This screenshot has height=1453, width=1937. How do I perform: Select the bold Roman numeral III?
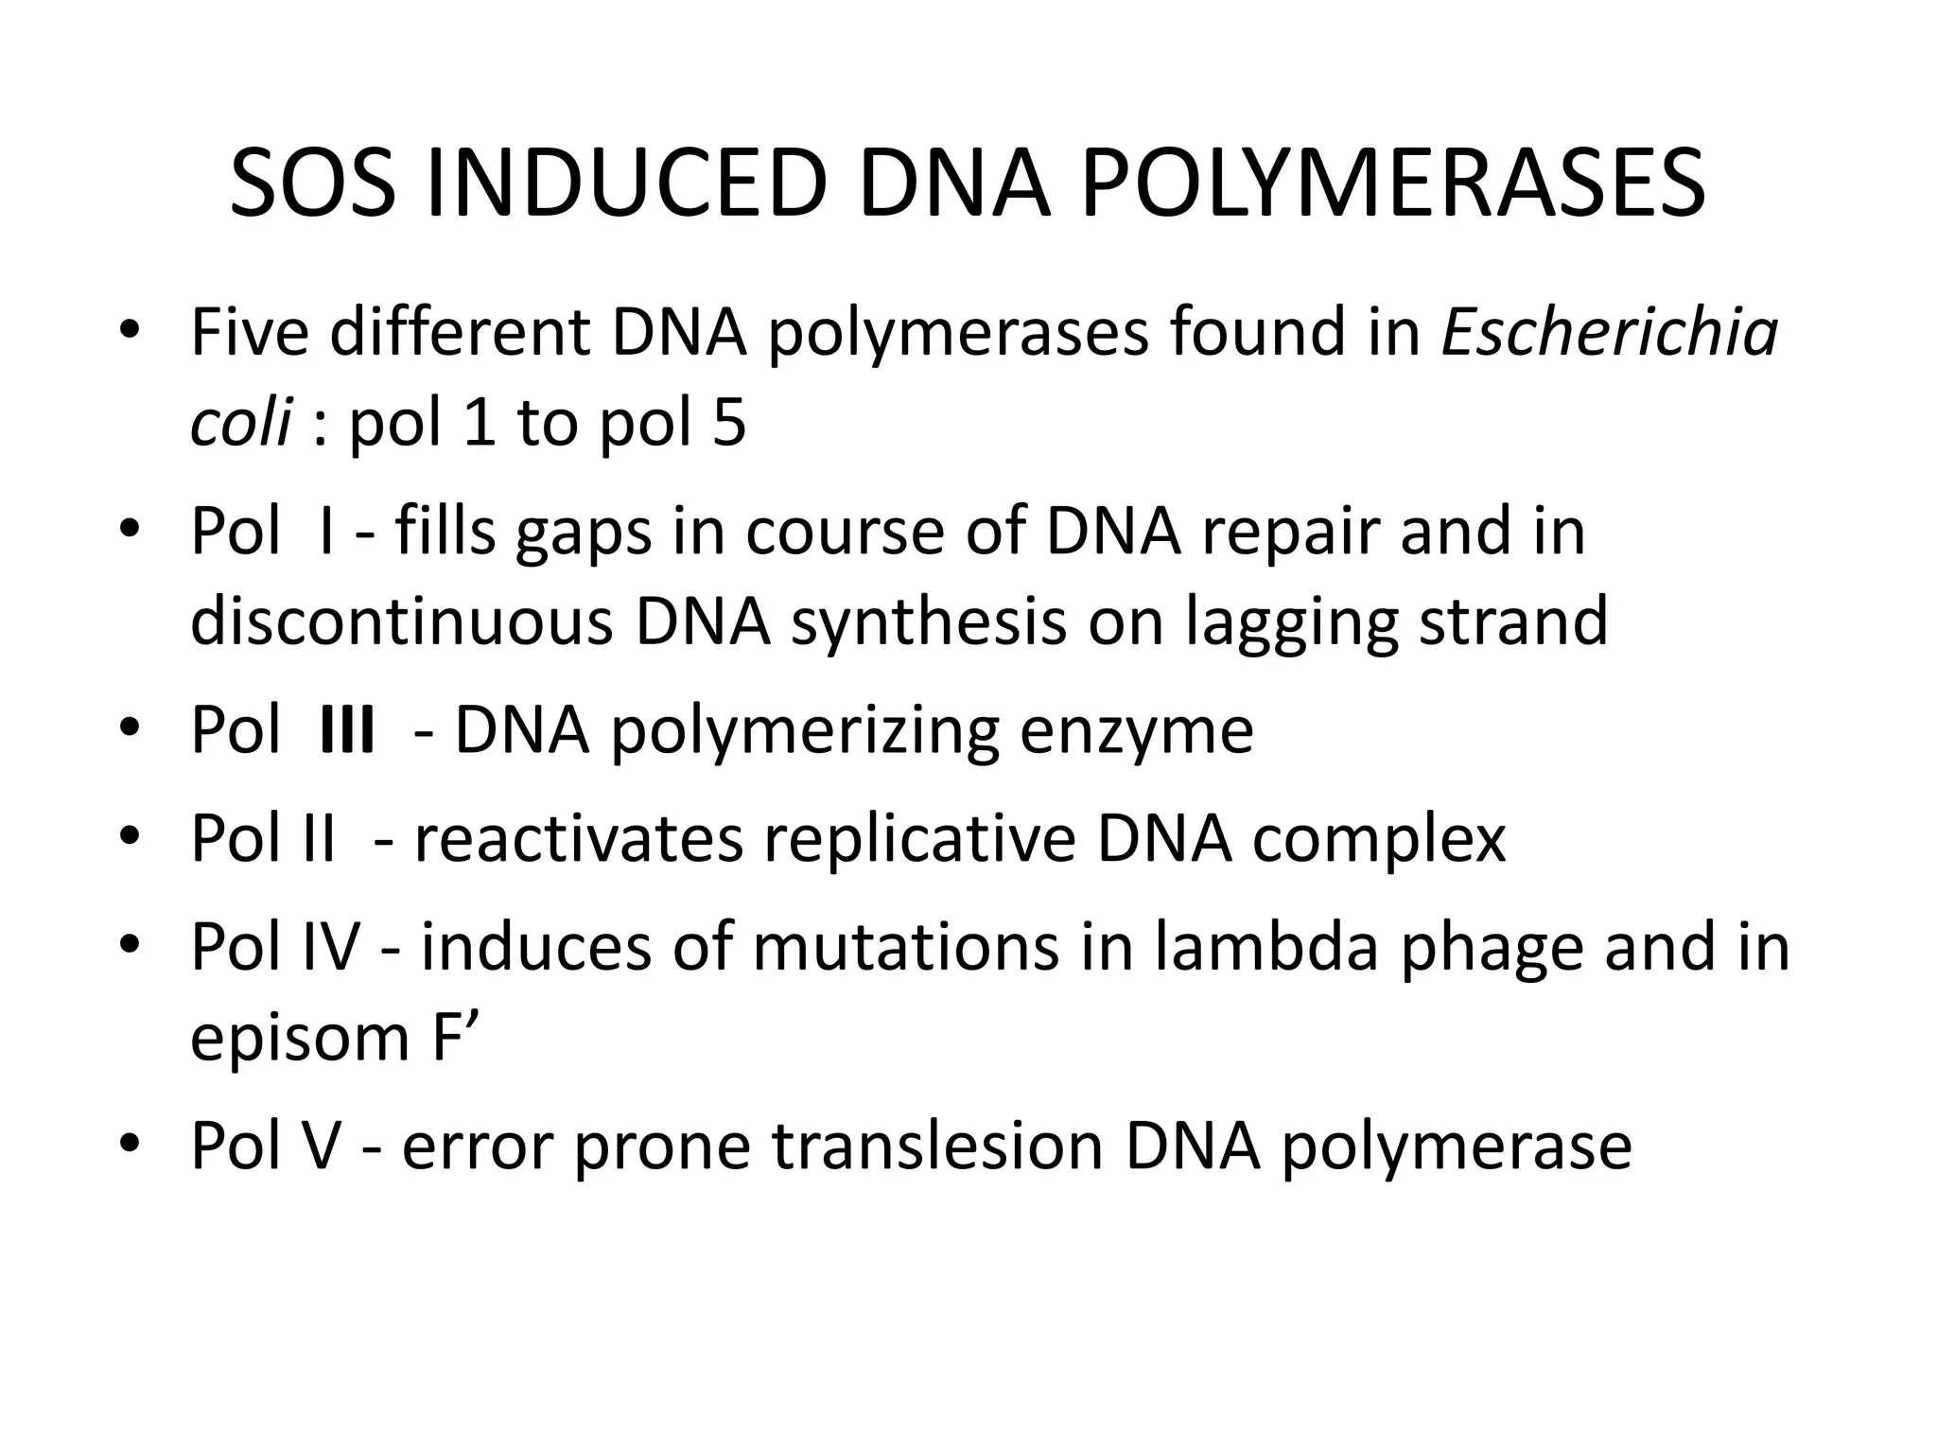tap(347, 730)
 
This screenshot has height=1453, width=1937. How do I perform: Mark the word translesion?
tap(937, 1146)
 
